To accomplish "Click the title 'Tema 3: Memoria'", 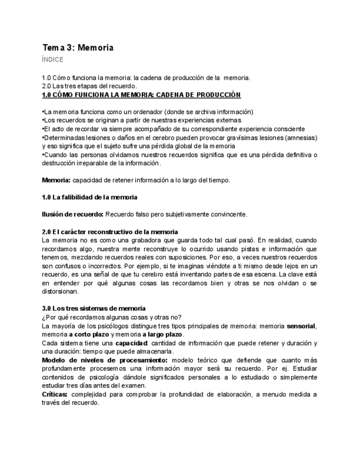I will click(78, 48).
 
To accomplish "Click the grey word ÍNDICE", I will click(53, 60).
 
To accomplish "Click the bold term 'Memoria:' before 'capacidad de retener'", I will click(56, 180).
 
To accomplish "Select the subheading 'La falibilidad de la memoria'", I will click(90, 197).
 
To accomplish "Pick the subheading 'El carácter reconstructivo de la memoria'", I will click(110, 231).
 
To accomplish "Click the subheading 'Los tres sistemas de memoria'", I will click(94, 309).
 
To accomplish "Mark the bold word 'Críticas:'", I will click(55, 395).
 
